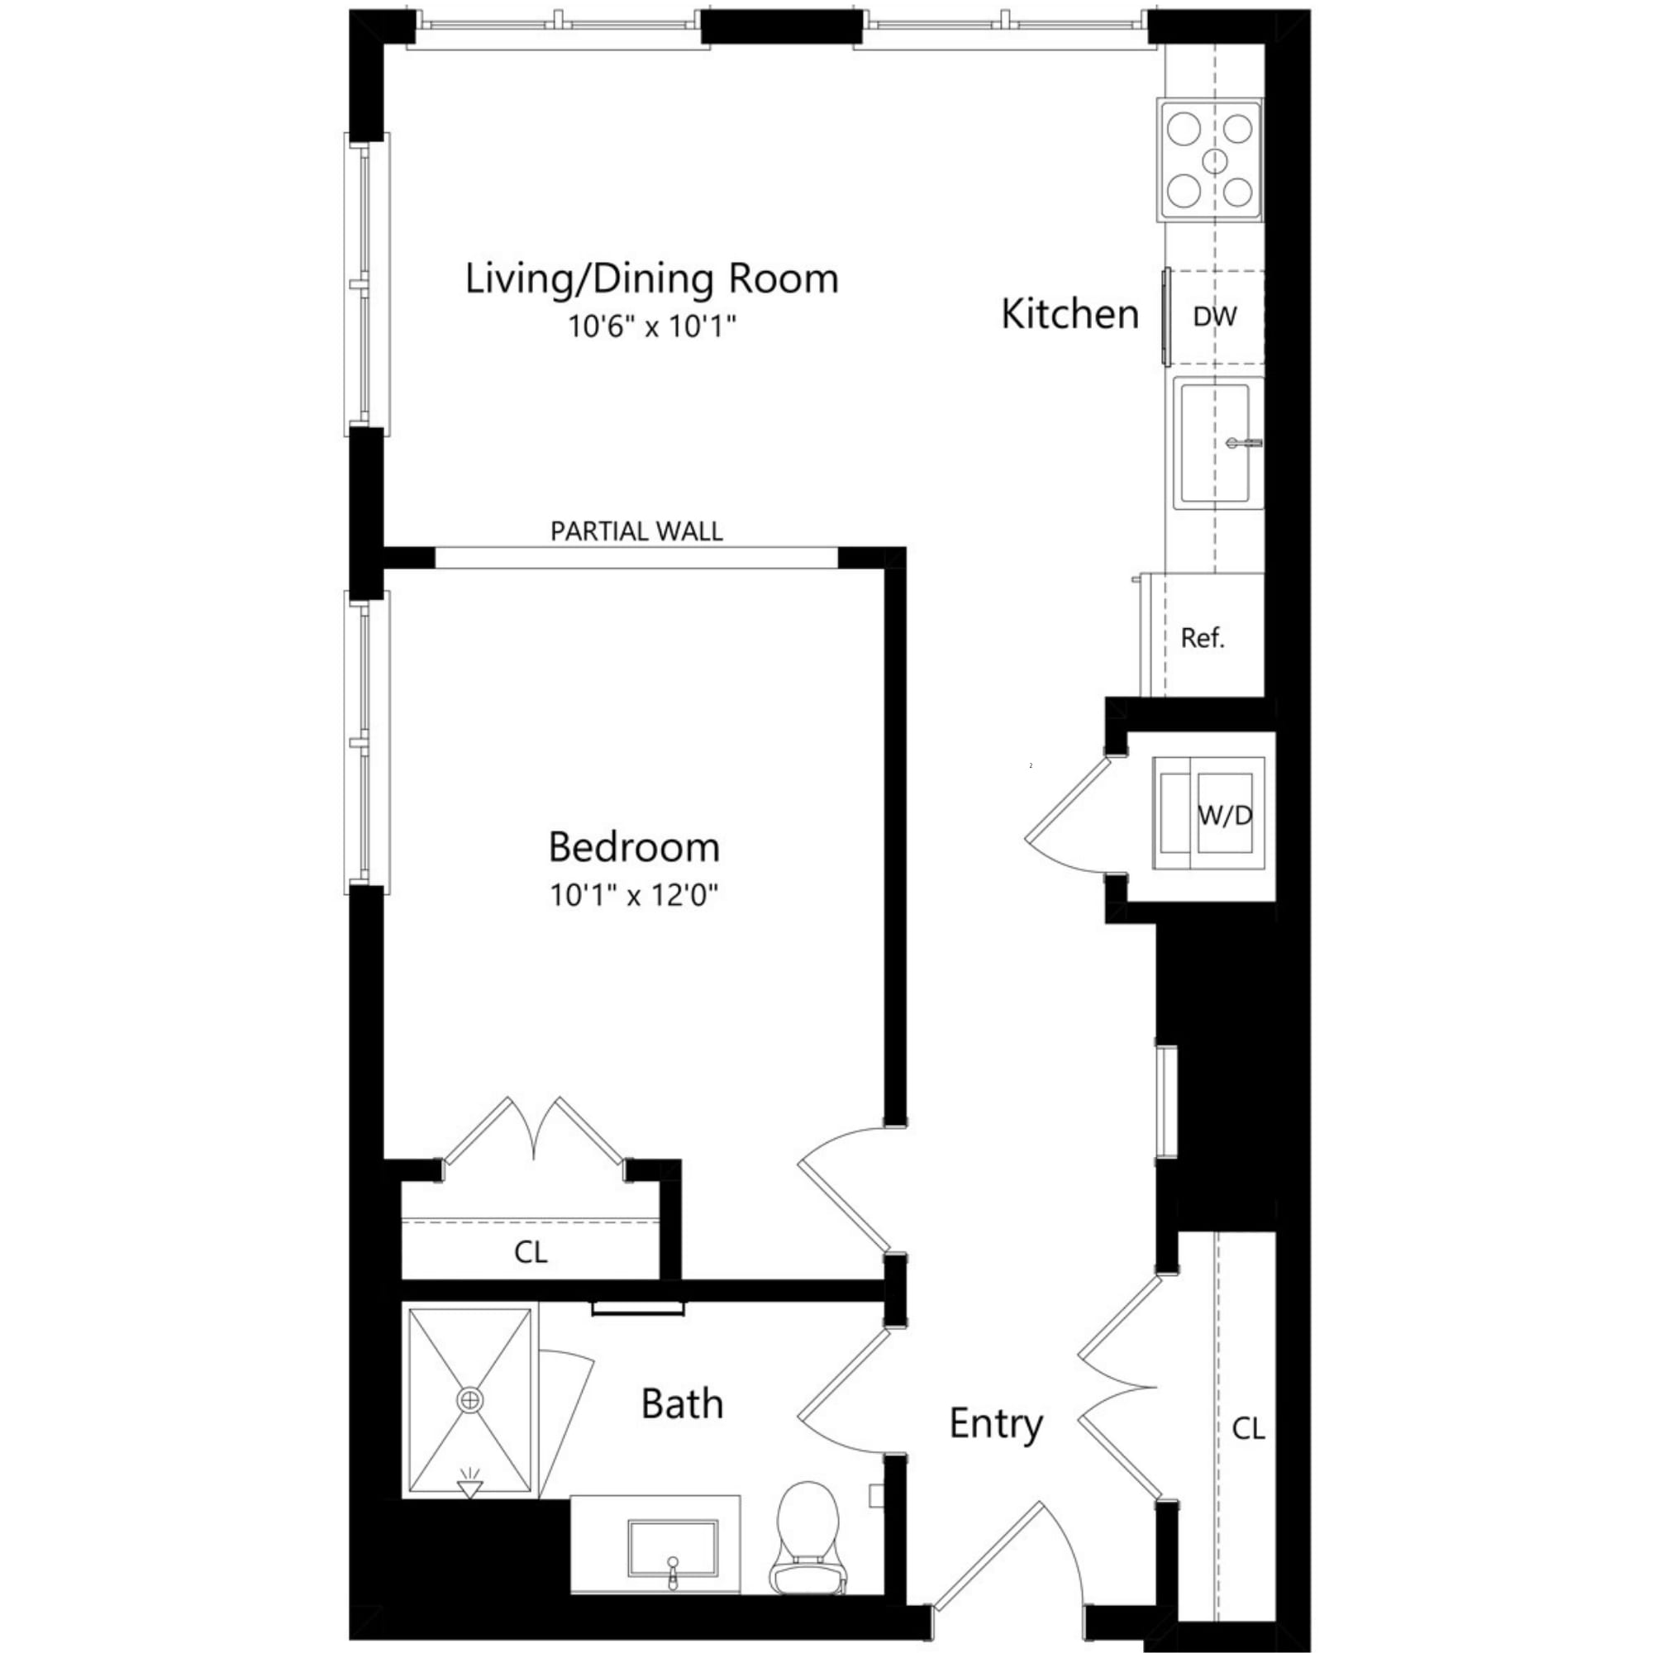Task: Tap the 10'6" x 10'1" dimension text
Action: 652,326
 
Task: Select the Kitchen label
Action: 1069,314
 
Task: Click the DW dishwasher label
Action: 1214,317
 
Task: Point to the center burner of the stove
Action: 1214,161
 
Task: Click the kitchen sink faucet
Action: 1242,443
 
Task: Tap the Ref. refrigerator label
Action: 1202,637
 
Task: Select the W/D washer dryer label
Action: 1224,816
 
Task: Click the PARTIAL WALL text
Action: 636,531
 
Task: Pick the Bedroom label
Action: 634,847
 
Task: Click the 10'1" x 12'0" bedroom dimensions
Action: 634,895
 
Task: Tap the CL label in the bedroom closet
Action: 531,1253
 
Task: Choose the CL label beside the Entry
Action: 1247,1428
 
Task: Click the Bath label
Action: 682,1404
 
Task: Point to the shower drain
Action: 469,1400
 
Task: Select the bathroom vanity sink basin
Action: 673,1548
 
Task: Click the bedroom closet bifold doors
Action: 534,1129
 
